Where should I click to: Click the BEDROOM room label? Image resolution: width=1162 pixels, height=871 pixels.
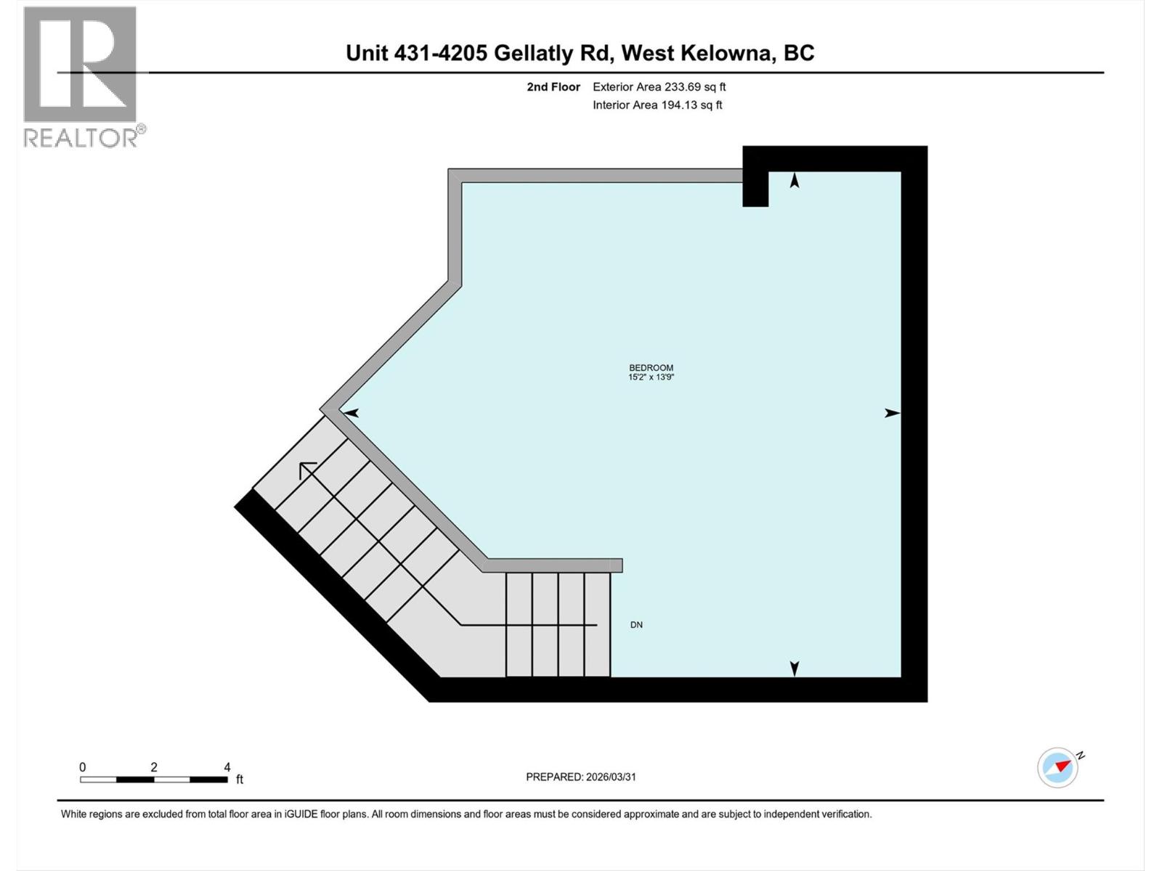point(651,368)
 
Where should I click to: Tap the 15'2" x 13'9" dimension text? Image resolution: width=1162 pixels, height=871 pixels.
point(651,377)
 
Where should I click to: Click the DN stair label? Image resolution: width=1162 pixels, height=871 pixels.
point(636,625)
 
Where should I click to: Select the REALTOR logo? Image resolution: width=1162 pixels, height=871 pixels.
point(81,76)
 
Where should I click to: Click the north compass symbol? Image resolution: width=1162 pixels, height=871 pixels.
point(1058,767)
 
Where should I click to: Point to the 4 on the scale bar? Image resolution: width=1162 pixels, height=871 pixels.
point(227,767)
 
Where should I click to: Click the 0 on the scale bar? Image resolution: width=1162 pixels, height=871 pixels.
point(83,767)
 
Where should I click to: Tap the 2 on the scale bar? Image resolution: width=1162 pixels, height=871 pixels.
point(154,767)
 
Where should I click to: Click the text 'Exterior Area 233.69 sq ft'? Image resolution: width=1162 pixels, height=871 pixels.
point(659,87)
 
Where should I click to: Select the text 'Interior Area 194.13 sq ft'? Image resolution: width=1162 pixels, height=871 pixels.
point(657,105)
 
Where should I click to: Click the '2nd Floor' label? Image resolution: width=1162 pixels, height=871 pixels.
point(553,87)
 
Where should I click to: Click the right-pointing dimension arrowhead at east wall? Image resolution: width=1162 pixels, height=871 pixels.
point(893,413)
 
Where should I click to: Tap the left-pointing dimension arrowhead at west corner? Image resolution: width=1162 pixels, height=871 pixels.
point(351,413)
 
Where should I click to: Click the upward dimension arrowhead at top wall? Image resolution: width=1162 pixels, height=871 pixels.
point(795,180)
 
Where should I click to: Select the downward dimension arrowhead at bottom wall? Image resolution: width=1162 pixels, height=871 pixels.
point(795,668)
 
